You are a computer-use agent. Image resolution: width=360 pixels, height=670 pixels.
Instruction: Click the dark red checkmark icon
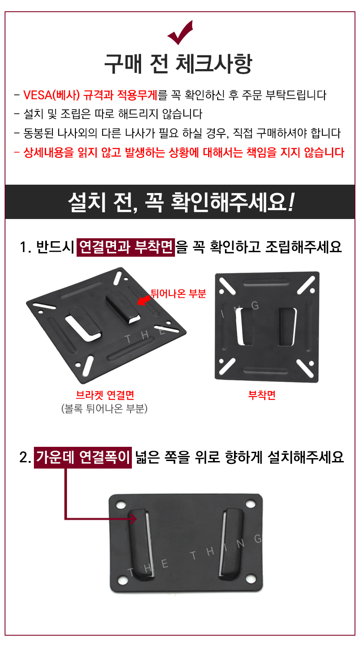pyautogui.click(x=180, y=33)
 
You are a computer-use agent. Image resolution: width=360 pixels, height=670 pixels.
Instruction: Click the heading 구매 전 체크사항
pyautogui.click(x=178, y=64)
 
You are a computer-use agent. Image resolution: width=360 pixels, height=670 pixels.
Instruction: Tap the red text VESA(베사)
pyautogui.click(x=51, y=95)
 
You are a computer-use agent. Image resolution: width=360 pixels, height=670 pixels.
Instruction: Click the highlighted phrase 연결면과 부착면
pyautogui.click(x=126, y=247)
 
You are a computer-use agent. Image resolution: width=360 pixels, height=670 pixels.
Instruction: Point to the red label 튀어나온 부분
pyautogui.click(x=178, y=294)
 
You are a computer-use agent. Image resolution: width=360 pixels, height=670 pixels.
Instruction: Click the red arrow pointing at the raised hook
pyautogui.click(x=144, y=300)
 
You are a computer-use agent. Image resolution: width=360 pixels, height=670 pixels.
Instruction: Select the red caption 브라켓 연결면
pyautogui.click(x=105, y=395)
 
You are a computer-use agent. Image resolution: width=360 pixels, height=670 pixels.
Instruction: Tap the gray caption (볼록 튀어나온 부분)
pyautogui.click(x=104, y=408)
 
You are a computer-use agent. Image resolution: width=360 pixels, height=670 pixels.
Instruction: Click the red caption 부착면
pyautogui.click(x=262, y=395)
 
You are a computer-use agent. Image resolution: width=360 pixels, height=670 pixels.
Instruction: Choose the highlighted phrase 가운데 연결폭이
pyautogui.click(x=83, y=457)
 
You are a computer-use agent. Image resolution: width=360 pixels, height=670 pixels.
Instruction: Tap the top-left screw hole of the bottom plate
pyautogui.click(x=121, y=505)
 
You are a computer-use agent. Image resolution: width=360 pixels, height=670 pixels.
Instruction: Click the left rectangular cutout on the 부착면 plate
pyautogui.click(x=244, y=327)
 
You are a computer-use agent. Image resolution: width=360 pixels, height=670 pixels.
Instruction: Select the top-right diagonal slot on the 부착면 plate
pyautogui.click(x=306, y=285)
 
